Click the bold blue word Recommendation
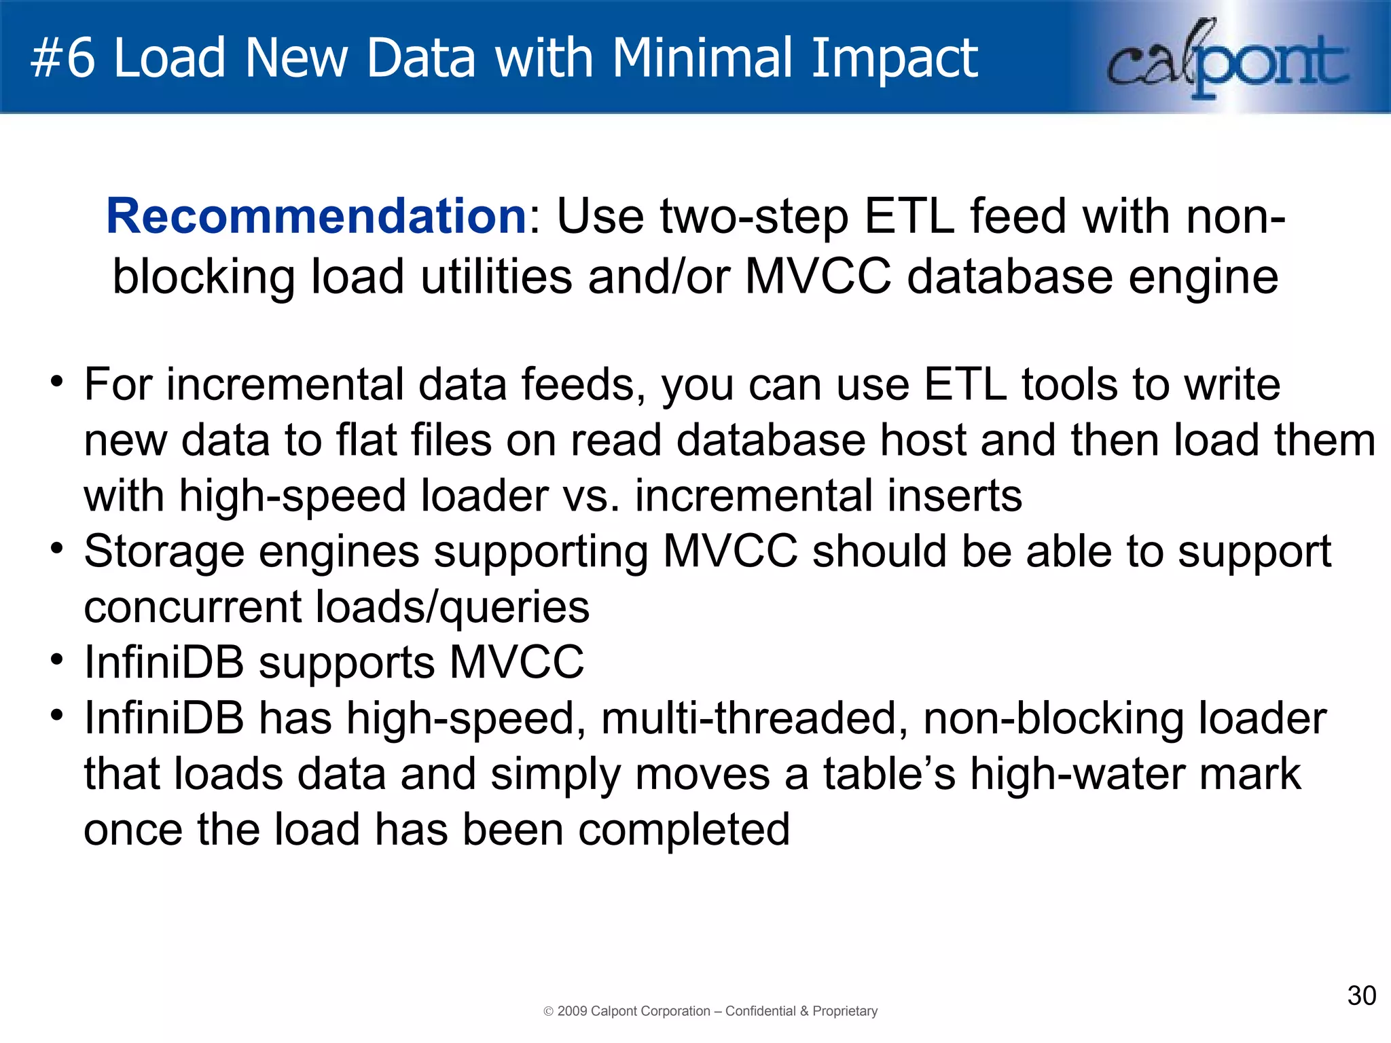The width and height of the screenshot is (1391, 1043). (x=317, y=217)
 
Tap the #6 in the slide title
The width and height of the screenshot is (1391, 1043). (x=62, y=58)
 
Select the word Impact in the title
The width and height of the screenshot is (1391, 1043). (x=894, y=58)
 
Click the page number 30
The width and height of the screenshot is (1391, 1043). (x=1361, y=995)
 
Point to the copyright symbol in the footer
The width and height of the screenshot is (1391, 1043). (x=549, y=1012)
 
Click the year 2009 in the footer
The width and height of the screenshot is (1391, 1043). (x=572, y=1011)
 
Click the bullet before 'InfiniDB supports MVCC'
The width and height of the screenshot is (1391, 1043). (x=57, y=658)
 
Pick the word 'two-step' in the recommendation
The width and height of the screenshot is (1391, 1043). (x=754, y=217)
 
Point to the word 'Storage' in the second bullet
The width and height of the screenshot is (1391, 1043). (x=163, y=551)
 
